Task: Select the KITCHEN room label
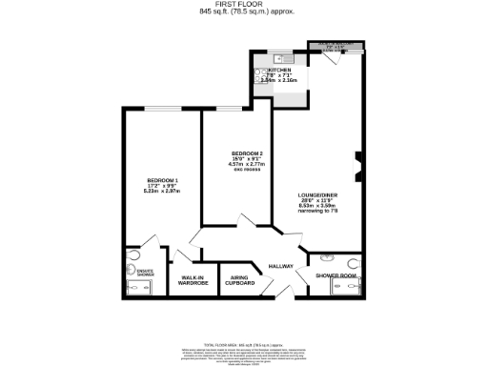pyautogui.click(x=279, y=71)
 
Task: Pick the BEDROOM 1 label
pyautogui.click(x=162, y=180)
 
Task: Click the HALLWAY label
pyautogui.click(x=279, y=266)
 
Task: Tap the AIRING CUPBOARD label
pyautogui.click(x=239, y=280)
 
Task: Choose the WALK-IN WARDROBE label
pyautogui.click(x=193, y=280)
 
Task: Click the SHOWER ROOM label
pyautogui.click(x=335, y=275)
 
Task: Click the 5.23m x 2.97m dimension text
pyautogui.click(x=162, y=192)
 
